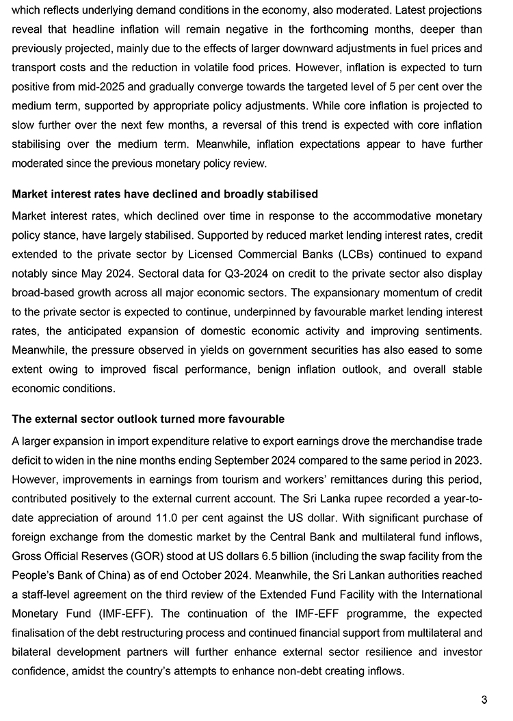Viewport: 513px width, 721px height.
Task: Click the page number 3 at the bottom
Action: tap(484, 699)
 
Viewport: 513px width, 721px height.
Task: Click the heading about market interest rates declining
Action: tap(165, 194)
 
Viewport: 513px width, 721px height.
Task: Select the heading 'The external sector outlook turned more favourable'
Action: tap(148, 419)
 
